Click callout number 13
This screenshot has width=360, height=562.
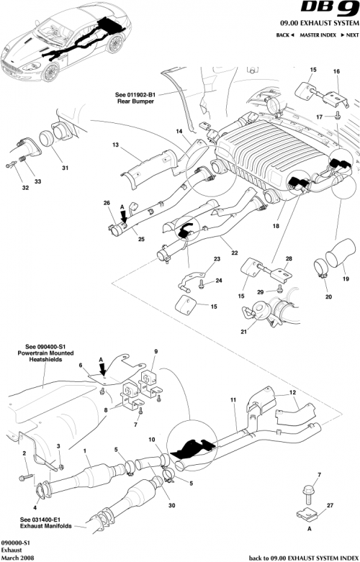[114, 145]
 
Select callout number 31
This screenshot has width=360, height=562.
[65, 168]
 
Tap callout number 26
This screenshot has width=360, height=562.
[107, 204]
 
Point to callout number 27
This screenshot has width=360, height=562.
[330, 507]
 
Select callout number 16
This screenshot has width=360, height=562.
[336, 71]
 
